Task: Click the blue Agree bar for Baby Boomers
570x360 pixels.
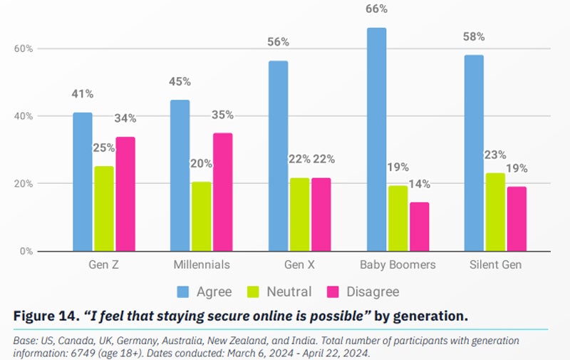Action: click(x=376, y=139)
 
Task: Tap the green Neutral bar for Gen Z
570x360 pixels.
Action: click(x=104, y=208)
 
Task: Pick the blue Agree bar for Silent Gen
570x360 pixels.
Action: click(x=474, y=153)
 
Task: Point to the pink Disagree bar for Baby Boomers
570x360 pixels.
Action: click(x=420, y=226)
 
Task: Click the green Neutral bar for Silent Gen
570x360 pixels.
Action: click(x=496, y=212)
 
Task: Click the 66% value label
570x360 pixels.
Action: click(x=376, y=9)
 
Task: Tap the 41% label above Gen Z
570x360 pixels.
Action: click(x=82, y=94)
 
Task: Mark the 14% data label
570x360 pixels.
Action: click(x=420, y=184)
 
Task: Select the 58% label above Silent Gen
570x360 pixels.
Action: click(x=473, y=36)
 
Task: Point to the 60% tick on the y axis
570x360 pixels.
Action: click(x=24, y=48)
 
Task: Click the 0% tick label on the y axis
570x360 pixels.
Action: click(x=27, y=251)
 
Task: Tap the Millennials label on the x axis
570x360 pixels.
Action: click(x=202, y=264)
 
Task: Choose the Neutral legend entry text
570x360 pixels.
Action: click(x=289, y=292)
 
